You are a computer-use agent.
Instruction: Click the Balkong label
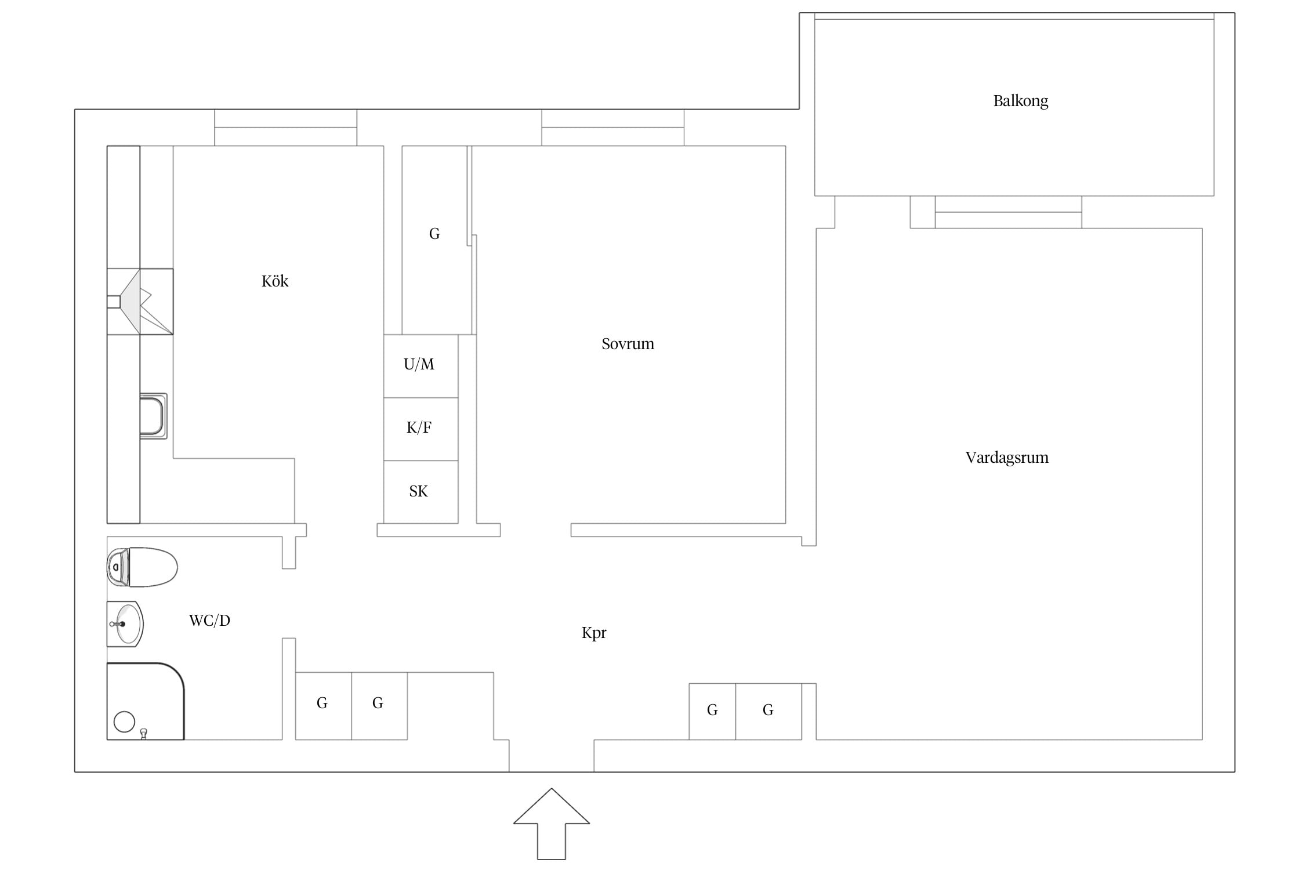1020,101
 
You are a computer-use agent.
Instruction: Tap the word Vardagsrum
1007,458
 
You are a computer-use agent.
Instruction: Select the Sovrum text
628,344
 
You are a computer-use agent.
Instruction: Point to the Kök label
275,281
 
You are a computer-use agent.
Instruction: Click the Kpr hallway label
594,633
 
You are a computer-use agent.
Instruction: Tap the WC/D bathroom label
209,621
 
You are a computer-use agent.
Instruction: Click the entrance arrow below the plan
552,824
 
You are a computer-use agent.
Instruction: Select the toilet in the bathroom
142,567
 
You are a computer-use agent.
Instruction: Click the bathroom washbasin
125,624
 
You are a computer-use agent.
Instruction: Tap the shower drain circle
124,722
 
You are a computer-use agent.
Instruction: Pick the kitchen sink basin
153,416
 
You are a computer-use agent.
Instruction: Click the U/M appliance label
419,364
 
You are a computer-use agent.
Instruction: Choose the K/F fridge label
419,427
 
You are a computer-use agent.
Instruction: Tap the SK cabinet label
418,491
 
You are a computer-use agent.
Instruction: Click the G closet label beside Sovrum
434,234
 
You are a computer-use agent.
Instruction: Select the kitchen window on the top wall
285,128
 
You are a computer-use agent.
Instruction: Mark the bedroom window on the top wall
612,128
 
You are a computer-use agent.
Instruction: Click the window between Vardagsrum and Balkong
1008,212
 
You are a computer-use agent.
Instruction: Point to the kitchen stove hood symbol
140,302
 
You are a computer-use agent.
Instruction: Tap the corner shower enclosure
145,701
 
